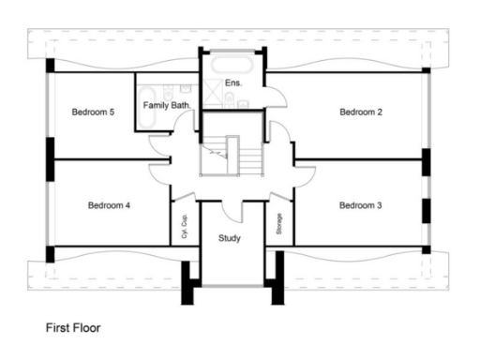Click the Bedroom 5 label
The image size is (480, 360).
(x=93, y=112)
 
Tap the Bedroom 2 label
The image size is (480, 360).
(x=361, y=112)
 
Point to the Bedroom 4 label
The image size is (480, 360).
(x=109, y=205)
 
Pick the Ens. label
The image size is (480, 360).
(x=234, y=83)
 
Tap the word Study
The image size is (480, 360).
(x=230, y=238)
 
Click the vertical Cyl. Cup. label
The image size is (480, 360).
(x=185, y=228)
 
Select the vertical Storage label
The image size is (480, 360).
(x=279, y=226)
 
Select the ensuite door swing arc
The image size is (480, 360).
(x=273, y=93)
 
